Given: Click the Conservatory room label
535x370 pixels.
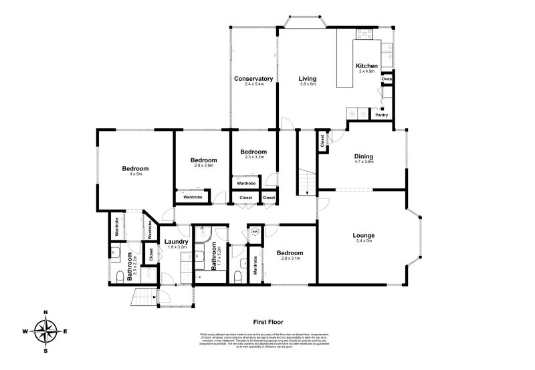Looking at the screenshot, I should tap(253, 79).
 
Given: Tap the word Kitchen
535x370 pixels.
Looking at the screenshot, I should tap(366, 66).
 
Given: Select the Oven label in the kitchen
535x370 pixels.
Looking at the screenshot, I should tap(387, 79).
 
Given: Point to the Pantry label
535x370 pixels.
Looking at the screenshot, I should tap(381, 115).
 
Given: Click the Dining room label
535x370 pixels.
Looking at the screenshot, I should tap(364, 157).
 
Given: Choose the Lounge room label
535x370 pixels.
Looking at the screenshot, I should tap(364, 235).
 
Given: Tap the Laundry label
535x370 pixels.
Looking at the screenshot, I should tap(175, 242).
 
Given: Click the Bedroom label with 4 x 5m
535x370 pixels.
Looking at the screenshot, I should tap(135, 168).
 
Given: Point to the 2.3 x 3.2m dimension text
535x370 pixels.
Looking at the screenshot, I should tap(253, 157).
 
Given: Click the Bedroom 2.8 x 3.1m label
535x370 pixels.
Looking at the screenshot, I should tap(290, 253).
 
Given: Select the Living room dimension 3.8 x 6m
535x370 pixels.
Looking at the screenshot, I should tap(307, 85).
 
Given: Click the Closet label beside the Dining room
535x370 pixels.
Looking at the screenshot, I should tap(323, 141).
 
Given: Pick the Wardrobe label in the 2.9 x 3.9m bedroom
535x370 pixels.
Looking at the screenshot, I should tap(193, 197).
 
